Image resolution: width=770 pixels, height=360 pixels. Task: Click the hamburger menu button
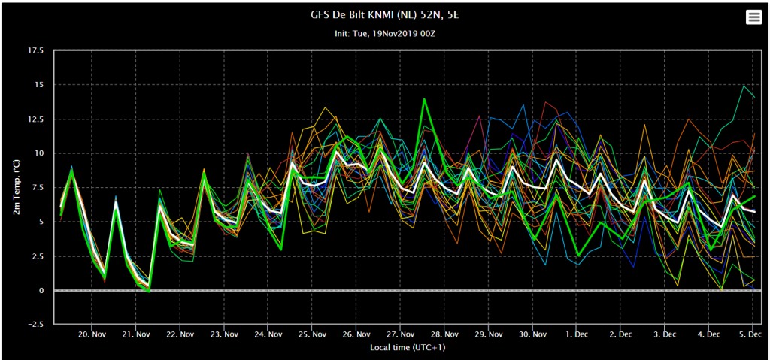pyautogui.click(x=753, y=17)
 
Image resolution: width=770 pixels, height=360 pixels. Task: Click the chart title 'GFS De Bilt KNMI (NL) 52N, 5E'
pyautogui.click(x=385, y=15)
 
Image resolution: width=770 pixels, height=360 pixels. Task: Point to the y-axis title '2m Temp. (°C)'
pyautogui.click(x=17, y=187)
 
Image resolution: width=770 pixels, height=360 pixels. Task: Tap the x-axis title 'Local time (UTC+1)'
pyautogui.click(x=408, y=348)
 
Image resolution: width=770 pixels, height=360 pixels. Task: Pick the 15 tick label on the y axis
pyautogui.click(x=38, y=85)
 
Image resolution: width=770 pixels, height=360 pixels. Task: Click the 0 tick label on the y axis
pyautogui.click(x=41, y=290)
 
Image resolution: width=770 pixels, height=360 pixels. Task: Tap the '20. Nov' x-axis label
pyautogui.click(x=92, y=334)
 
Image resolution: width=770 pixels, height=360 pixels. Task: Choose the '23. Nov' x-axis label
pyautogui.click(x=224, y=334)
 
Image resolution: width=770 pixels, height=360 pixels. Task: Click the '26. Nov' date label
pyautogui.click(x=356, y=334)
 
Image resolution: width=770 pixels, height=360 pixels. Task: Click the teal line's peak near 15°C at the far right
pyautogui.click(x=744, y=86)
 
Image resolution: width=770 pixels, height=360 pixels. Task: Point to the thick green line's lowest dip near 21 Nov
pyautogui.click(x=149, y=292)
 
